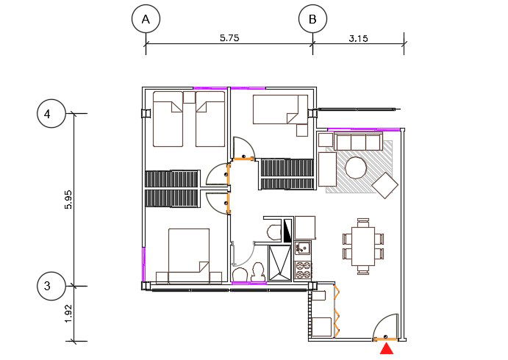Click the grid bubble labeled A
pos(146,20)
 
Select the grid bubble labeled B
pos(312,20)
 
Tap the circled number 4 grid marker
pos(47,115)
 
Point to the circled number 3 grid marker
pos(47,286)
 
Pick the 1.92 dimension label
pos(68,314)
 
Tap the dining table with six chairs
pos(362,245)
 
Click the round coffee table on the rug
pos(357,168)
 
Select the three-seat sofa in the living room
pos(349,141)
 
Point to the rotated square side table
pos(385,184)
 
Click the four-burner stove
pos(304,270)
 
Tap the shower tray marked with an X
pos(279,264)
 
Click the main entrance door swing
pos(386,327)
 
